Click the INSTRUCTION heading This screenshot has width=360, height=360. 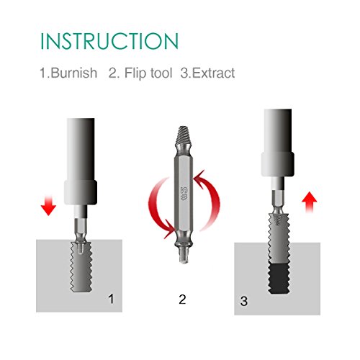(109, 41)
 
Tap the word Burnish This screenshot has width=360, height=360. (74, 73)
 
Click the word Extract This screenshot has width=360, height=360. (213, 73)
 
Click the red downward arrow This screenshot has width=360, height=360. (48, 205)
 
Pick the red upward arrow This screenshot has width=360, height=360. (310, 202)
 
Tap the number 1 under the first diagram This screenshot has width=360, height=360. (111, 299)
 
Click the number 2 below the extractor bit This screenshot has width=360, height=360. (182, 299)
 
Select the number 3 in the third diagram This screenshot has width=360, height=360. (244, 301)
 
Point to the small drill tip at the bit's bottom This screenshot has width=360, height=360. (184, 257)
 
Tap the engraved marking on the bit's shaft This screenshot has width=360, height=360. (184, 194)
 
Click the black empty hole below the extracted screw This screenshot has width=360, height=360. (280, 279)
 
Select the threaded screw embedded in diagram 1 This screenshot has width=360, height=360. (81, 266)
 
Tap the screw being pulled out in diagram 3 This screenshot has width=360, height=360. (279, 238)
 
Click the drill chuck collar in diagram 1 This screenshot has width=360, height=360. (81, 192)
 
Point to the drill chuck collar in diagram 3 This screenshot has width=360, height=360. (278, 164)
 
